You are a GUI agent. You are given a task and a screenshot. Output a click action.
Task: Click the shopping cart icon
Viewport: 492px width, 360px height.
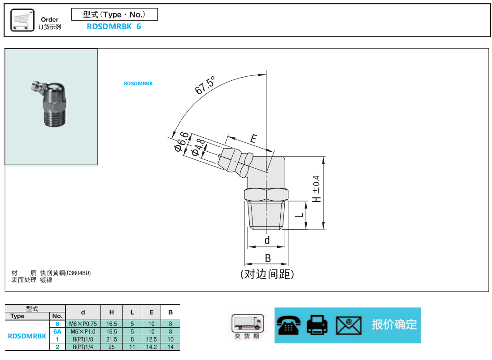point(22,20)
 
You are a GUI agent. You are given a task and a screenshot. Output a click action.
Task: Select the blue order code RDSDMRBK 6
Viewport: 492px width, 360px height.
point(114,26)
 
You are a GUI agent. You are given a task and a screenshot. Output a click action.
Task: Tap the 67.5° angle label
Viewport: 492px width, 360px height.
point(205,85)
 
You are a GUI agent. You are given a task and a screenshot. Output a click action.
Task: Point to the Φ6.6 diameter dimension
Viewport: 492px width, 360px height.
point(182,142)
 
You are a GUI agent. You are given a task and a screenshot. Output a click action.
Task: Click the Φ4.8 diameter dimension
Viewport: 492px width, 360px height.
point(198,148)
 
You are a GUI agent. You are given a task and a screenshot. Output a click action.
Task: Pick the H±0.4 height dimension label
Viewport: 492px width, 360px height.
point(316,189)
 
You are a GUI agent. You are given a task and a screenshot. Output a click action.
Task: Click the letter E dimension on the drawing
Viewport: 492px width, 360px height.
point(253,138)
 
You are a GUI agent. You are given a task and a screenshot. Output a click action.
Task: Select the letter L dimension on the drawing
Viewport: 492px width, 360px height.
point(300,215)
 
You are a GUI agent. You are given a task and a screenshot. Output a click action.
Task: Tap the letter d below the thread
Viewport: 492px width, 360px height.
point(267,240)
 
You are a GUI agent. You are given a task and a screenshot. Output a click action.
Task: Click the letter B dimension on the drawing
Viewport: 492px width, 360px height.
point(268,258)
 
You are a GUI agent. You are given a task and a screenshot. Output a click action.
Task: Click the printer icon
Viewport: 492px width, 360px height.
point(317,325)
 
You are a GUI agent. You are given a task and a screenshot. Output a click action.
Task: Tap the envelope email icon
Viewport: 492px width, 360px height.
point(348,325)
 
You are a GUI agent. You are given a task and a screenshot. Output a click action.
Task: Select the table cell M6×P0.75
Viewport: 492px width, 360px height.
point(83,324)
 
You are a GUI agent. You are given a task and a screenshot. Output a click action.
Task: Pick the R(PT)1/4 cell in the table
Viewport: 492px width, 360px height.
point(83,347)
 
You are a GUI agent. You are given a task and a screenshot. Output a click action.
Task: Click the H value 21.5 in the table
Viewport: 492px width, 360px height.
point(112,339)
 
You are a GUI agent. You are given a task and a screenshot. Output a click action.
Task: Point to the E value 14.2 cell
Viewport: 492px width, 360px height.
point(151,347)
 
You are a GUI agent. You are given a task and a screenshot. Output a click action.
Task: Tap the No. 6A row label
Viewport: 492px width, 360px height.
point(57,331)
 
